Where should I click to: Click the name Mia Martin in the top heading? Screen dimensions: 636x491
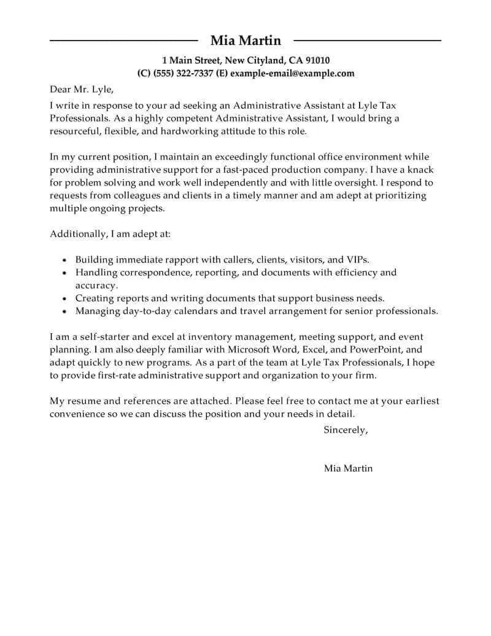(245, 41)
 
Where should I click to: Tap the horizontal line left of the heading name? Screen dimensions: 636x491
(123, 41)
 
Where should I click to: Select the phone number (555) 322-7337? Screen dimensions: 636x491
(183, 73)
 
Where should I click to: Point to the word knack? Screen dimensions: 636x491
(419, 169)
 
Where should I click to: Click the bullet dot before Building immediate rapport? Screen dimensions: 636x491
(65, 261)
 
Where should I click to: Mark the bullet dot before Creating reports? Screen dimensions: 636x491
(65, 299)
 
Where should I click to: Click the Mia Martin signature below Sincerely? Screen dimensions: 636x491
(348, 468)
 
